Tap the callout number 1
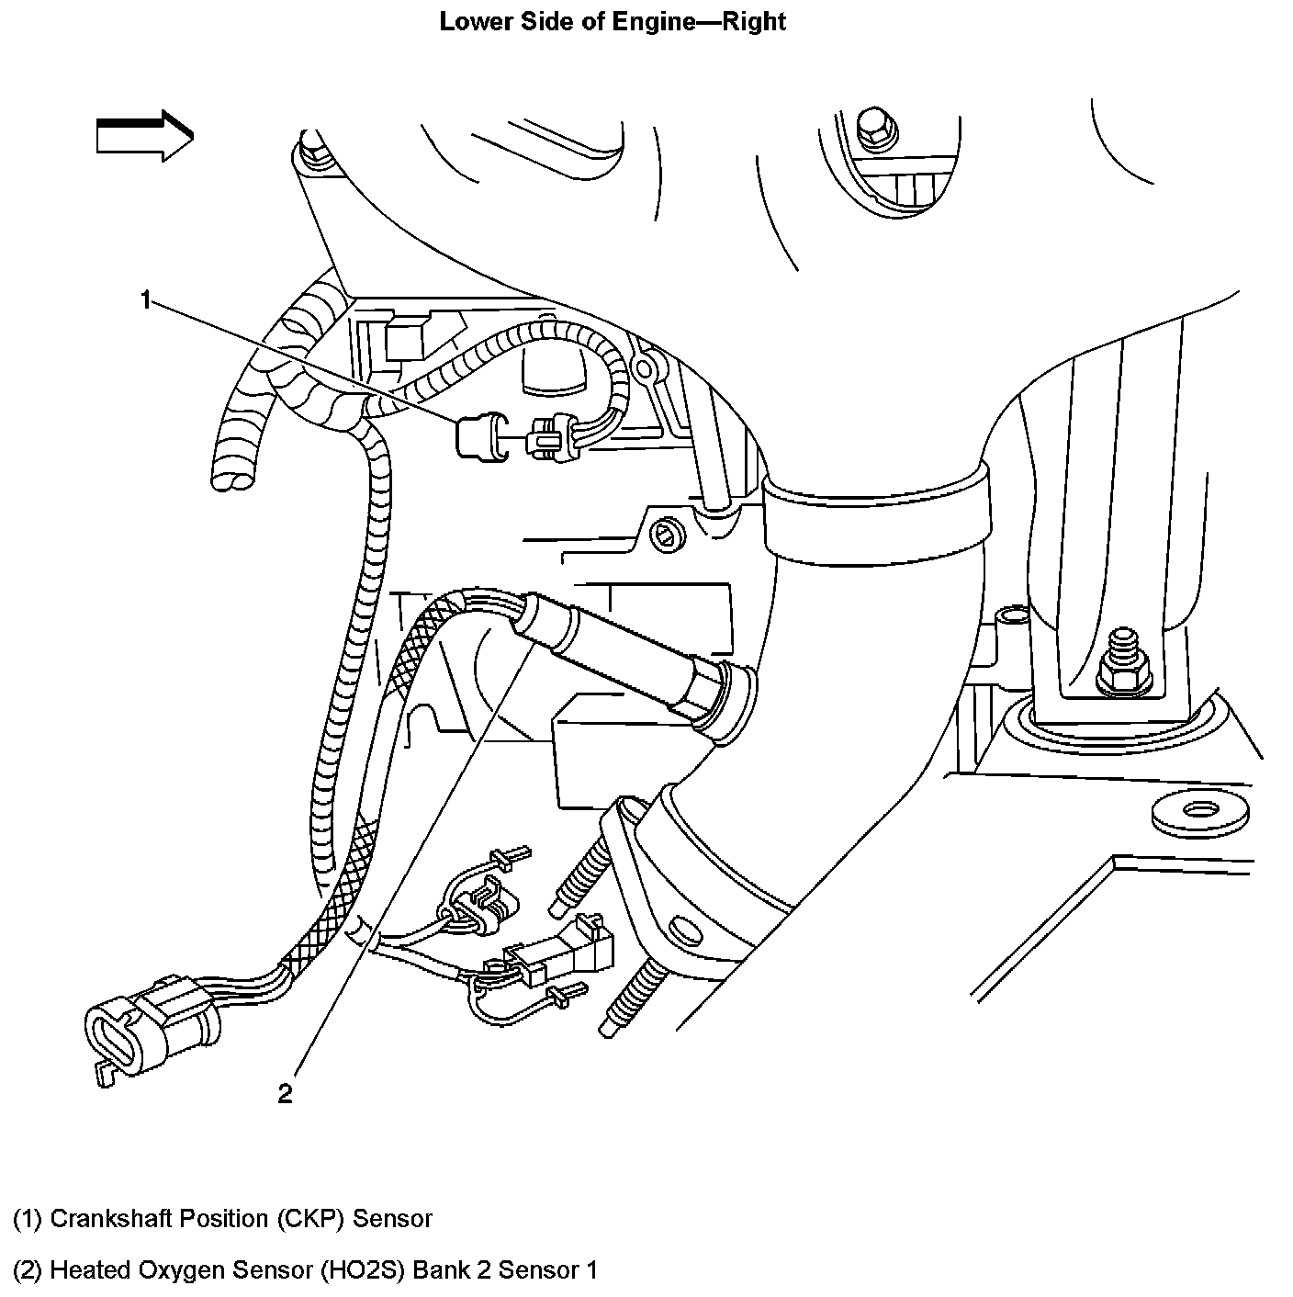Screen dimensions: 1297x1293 click(x=145, y=299)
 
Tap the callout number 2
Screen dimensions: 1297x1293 click(x=285, y=1093)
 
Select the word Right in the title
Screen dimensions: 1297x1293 click(x=754, y=21)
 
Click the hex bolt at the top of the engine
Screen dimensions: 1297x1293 click(x=870, y=127)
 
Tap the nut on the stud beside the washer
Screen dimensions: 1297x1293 click(x=1120, y=673)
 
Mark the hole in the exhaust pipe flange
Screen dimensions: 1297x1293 click(x=681, y=927)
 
